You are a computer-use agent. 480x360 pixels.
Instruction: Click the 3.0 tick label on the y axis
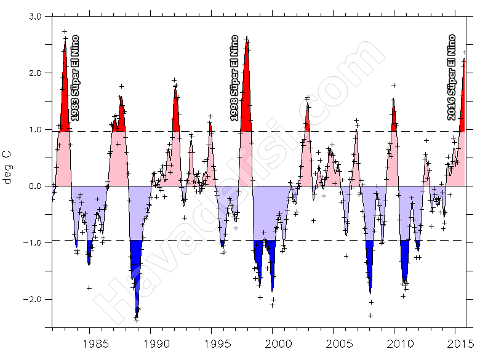pyautogui.click(x=34, y=17)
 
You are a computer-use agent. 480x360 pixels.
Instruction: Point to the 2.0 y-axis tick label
pyautogui.click(x=34, y=73)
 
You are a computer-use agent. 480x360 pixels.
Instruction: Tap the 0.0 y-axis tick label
pyautogui.click(x=34, y=186)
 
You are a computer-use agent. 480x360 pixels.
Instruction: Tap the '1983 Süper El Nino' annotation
pyautogui.click(x=74, y=78)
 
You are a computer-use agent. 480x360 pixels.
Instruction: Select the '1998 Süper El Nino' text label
pyautogui.click(x=234, y=78)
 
